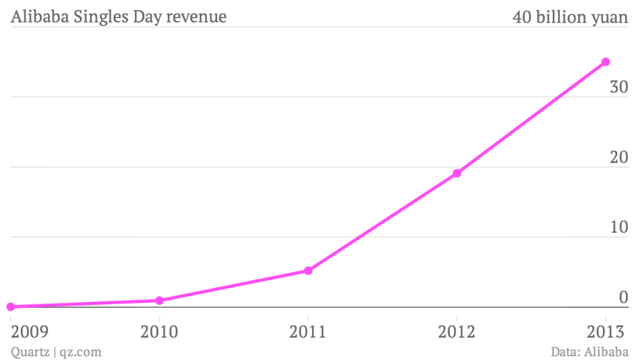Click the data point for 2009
[10, 306]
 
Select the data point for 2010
[159, 300]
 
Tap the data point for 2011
[308, 271]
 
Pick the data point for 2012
[457, 173]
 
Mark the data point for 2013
[605, 62]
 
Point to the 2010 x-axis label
[159, 331]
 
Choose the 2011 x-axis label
[308, 331]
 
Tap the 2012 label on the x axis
[457, 331]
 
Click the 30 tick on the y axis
[618, 87]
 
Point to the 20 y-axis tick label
[618, 157]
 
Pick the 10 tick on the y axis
[618, 227]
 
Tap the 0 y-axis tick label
[623, 298]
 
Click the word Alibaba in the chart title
[39, 17]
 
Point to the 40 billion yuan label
[570, 17]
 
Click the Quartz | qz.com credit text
[56, 352]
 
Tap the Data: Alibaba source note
[589, 352]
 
